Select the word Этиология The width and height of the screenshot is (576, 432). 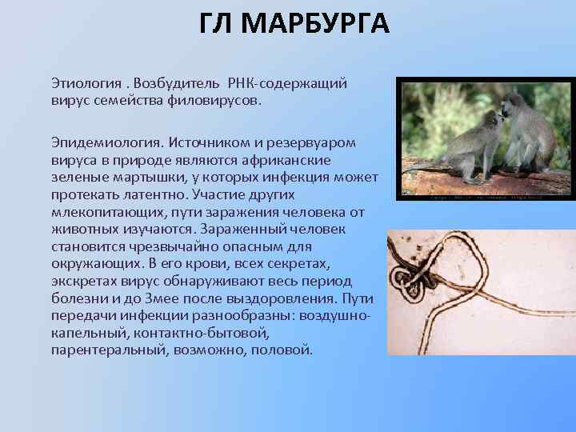[86, 84]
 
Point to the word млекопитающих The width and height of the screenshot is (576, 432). [102, 212]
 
